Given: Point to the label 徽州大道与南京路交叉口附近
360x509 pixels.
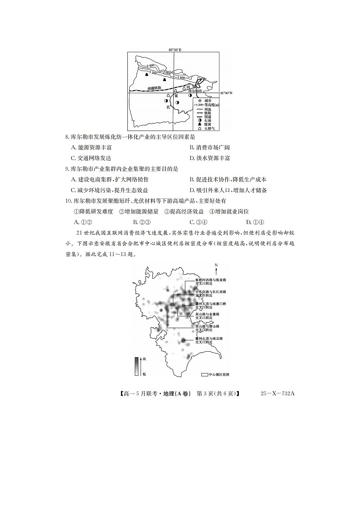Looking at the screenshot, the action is click(209, 340).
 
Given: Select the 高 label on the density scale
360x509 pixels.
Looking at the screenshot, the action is click(144, 359).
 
